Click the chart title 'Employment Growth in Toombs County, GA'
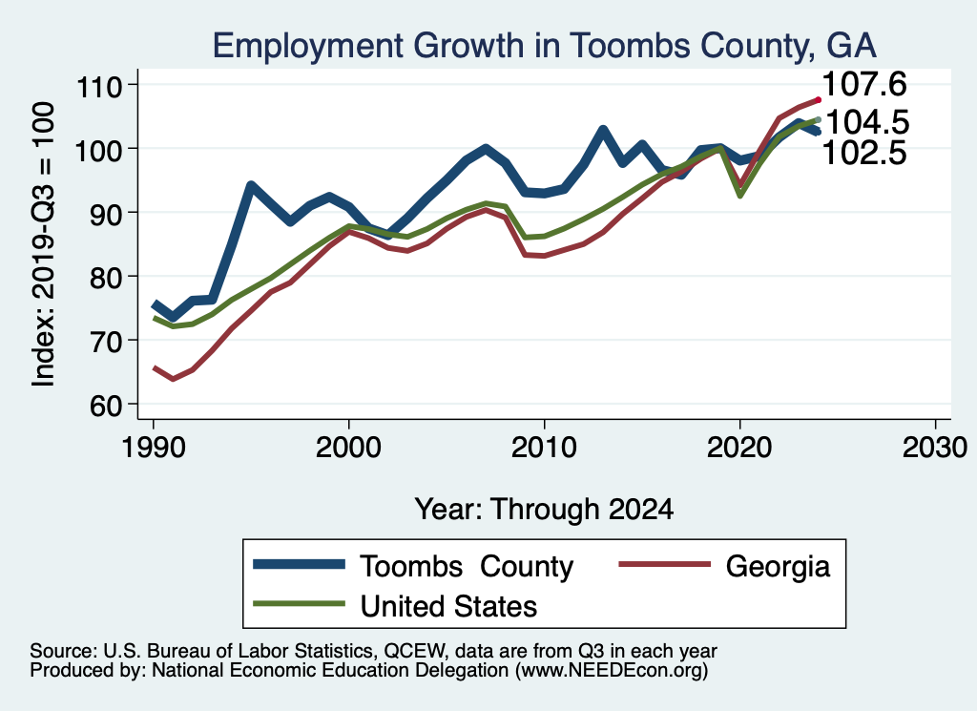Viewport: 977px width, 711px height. coord(544,45)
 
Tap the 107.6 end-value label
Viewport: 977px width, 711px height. coord(864,85)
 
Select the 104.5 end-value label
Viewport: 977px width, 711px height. coord(866,122)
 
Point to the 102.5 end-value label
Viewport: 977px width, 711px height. coord(864,153)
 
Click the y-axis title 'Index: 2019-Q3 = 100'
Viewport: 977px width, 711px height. coord(43,244)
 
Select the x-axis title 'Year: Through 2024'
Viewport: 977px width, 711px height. coord(544,509)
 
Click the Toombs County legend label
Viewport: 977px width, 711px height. coord(467,566)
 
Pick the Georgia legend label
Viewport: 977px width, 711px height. coord(778,566)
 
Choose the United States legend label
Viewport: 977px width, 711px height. coord(448,605)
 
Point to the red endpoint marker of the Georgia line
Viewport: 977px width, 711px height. coord(818,100)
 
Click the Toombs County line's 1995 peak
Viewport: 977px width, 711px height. coord(251,185)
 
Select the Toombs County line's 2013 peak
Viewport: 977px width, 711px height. coord(603,130)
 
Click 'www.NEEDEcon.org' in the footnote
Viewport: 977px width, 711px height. coord(611,672)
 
